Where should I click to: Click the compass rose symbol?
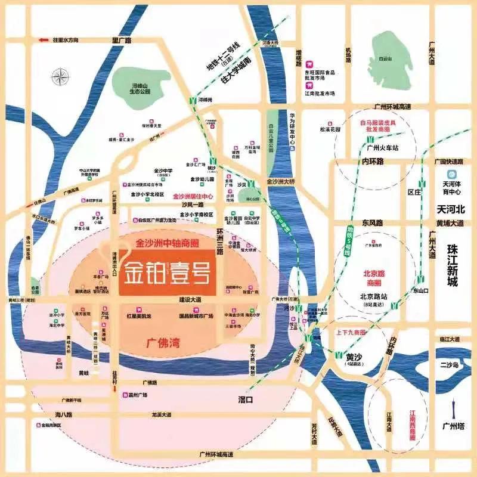click(60, 77)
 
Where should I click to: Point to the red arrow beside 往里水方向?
click(44, 40)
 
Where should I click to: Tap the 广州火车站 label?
click(382, 148)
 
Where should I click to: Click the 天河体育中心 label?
click(455, 179)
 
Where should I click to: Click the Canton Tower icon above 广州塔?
click(452, 405)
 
